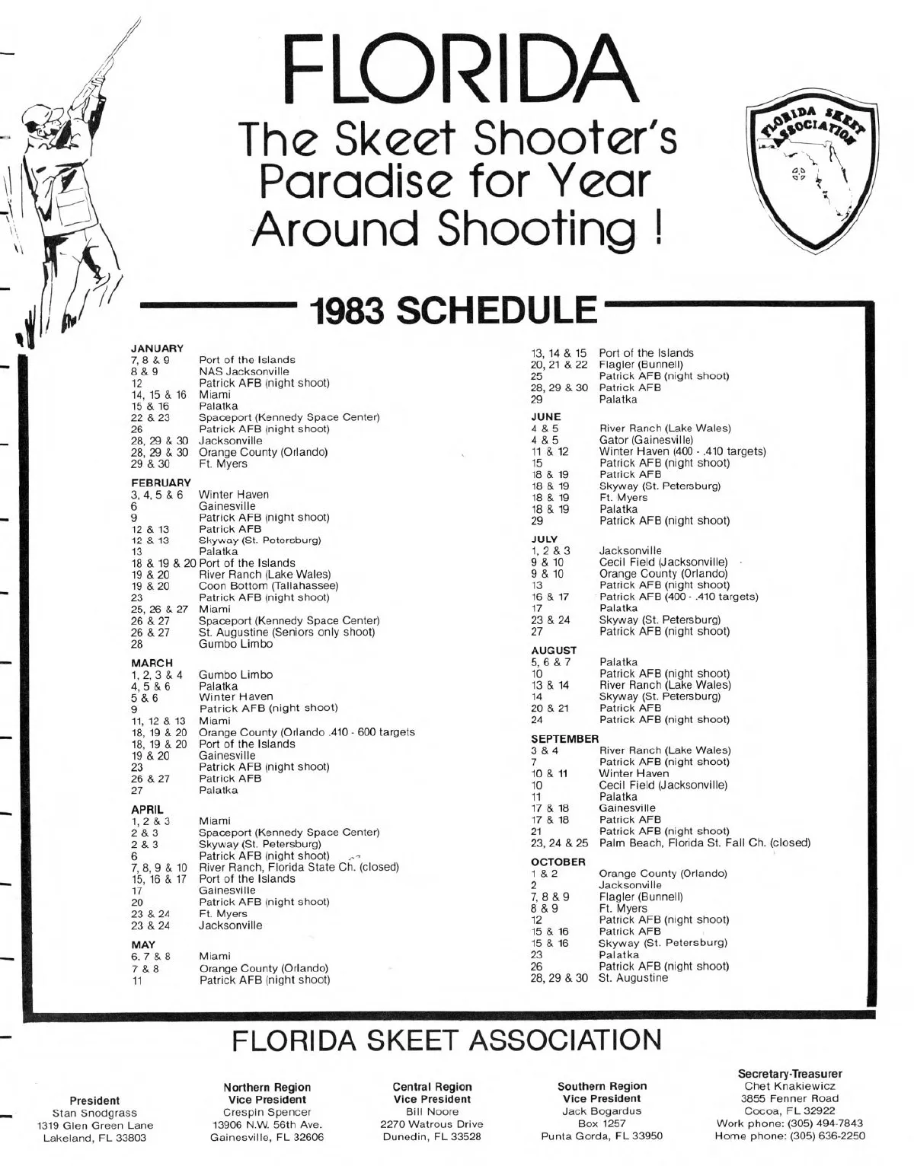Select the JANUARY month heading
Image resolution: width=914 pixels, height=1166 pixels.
158,348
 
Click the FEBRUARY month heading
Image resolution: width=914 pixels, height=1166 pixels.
161,483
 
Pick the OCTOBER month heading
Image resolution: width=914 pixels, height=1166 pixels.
558,862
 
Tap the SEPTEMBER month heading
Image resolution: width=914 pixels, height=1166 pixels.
564,738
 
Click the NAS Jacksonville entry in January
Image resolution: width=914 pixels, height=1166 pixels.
244,371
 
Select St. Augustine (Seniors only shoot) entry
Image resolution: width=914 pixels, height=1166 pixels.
286,632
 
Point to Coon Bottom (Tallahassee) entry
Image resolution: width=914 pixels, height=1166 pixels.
268,586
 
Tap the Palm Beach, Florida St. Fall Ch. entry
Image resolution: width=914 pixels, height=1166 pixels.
704,843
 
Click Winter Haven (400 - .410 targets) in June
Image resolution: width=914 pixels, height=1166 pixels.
682,451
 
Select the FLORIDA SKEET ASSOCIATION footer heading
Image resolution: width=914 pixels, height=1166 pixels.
447,1040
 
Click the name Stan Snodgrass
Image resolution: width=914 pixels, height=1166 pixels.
94,1113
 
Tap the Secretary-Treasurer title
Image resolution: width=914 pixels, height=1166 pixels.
789,1074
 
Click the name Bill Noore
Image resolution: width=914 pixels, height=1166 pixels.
432,1111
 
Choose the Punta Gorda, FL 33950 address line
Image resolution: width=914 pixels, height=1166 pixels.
602,1136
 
